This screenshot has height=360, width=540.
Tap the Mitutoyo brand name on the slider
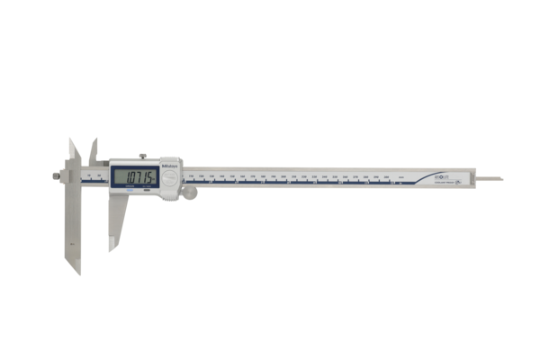click(x=170, y=167)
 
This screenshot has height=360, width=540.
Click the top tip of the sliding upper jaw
click(x=94, y=141)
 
